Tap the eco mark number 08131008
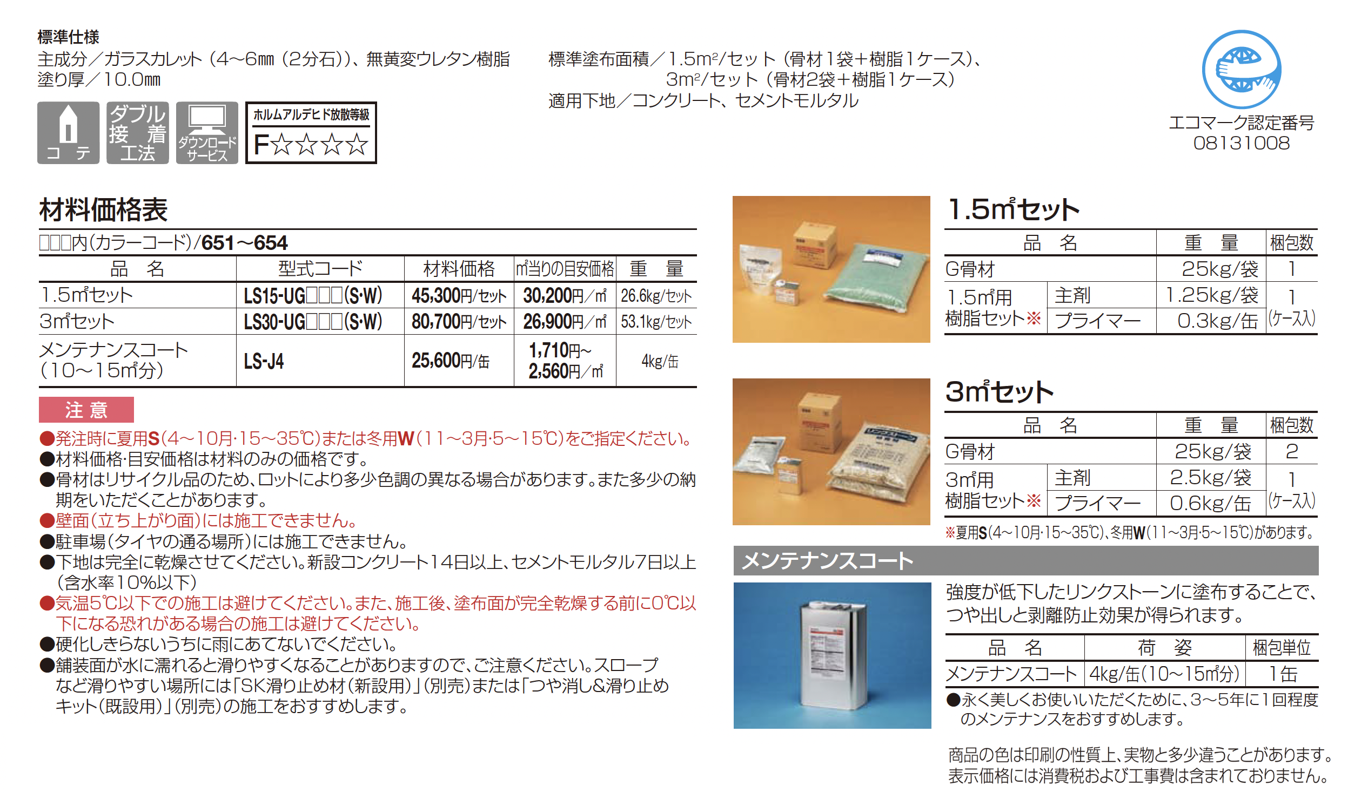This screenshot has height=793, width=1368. click(1241, 143)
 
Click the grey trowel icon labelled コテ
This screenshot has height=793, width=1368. click(69, 133)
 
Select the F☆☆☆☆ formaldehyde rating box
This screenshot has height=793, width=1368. click(311, 133)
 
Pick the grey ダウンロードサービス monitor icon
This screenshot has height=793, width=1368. click(207, 133)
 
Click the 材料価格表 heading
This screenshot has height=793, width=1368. click(103, 210)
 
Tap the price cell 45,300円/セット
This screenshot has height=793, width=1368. click(459, 296)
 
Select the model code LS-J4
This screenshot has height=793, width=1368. click(264, 361)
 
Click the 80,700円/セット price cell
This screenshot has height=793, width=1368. click(459, 322)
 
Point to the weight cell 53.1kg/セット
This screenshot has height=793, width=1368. click(656, 322)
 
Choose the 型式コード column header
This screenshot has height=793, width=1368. click(320, 268)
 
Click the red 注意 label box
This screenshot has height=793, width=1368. click(86, 410)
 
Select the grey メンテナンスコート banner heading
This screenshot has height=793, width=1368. click(1025, 561)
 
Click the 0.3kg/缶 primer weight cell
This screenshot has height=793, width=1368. click(1217, 322)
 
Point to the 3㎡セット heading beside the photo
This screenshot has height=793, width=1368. click(999, 391)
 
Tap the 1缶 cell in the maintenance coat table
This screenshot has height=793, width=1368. click(1282, 674)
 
